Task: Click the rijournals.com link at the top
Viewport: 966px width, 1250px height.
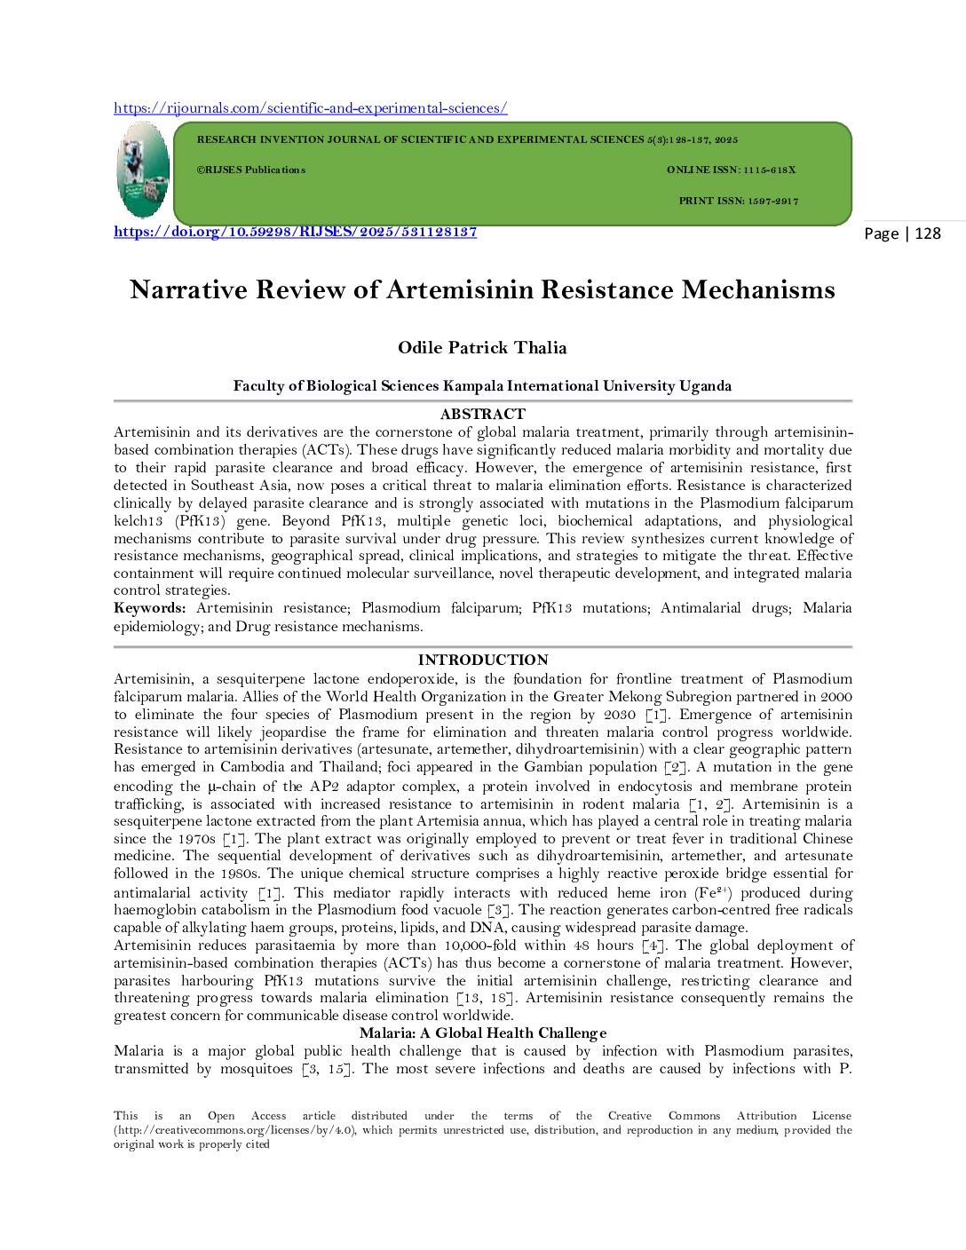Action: point(310,108)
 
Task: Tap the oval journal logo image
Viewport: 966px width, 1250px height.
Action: point(143,170)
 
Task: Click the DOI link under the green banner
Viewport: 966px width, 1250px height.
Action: point(295,232)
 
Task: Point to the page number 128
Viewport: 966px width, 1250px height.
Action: point(927,233)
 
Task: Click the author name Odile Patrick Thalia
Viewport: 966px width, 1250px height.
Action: point(482,347)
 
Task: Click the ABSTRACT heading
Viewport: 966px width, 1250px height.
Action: point(482,414)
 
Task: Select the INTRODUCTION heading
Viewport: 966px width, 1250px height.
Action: point(482,660)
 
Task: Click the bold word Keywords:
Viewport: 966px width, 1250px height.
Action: point(149,608)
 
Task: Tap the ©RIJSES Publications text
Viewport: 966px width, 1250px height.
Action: point(250,170)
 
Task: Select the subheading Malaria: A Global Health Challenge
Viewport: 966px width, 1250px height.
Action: point(482,1032)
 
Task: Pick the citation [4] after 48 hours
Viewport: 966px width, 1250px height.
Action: point(653,945)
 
